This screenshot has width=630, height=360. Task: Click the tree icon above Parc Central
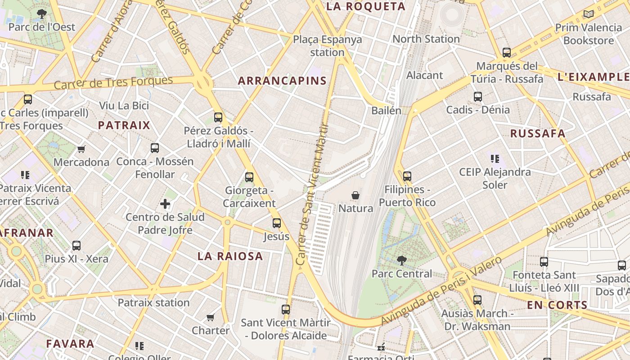401,260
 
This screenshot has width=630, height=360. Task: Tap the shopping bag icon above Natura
355,195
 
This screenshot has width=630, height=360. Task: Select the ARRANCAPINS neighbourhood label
282,81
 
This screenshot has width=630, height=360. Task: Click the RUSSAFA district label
537,133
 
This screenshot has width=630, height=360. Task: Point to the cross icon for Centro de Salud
165,204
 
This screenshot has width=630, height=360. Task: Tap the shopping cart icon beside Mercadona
81,149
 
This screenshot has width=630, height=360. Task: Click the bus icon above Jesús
276,223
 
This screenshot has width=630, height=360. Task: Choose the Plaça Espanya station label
327,45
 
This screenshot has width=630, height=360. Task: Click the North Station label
426,39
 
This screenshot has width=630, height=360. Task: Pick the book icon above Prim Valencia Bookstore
588,14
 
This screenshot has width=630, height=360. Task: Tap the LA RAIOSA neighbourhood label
230,256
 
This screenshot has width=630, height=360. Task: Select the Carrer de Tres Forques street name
113,82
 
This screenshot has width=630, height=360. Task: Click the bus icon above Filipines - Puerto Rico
407,176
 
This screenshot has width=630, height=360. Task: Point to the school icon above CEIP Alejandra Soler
495,158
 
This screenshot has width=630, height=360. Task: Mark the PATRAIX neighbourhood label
124,125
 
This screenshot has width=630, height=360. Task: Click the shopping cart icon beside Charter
210,318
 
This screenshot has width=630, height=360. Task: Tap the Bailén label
386,110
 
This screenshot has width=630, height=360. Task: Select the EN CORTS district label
557,305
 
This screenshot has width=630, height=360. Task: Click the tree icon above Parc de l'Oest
42,14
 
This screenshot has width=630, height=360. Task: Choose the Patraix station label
153,302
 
